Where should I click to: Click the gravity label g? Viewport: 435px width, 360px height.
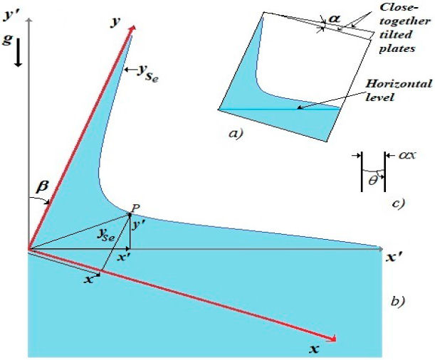click(8, 41)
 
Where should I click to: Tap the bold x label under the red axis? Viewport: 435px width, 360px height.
click(313, 349)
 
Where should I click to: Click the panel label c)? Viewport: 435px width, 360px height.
click(397, 204)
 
